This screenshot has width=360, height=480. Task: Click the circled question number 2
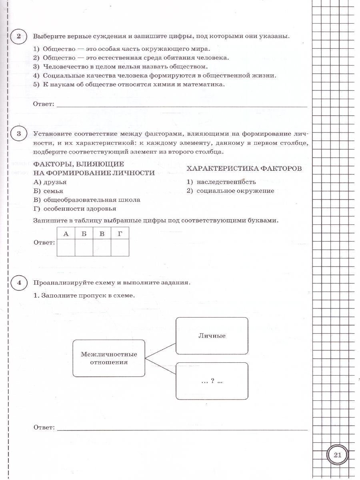[x=18, y=37]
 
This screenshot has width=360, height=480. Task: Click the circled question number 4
[x=18, y=282]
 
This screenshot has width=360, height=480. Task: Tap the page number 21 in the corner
[x=337, y=455]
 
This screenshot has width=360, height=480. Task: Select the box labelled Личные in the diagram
[x=212, y=336]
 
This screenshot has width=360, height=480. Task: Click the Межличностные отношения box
[x=109, y=358]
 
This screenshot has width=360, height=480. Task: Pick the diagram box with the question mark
[x=212, y=381]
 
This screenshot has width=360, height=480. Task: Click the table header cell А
[x=66, y=234]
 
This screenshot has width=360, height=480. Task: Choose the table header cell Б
[x=84, y=234]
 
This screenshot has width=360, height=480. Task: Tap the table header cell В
[x=102, y=234]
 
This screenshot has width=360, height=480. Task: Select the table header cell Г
[x=120, y=234]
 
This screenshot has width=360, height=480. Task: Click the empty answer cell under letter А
[x=66, y=248]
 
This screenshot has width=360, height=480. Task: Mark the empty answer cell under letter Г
[x=120, y=248]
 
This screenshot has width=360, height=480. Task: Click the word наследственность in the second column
[x=226, y=182]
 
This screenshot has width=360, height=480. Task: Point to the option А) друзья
[x=50, y=182]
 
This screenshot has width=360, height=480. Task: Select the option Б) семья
[x=48, y=191]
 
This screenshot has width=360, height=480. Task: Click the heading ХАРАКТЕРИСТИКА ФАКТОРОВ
[x=244, y=168]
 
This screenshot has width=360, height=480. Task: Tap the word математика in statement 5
[x=204, y=84]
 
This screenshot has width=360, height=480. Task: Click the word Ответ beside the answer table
[x=44, y=242]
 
